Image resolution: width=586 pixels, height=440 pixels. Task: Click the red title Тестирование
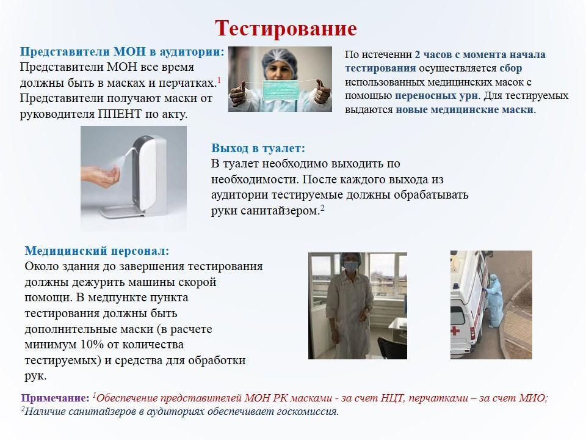pyautogui.click(x=286, y=29)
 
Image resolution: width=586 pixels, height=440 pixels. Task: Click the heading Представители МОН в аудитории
pyautogui.click(x=122, y=51)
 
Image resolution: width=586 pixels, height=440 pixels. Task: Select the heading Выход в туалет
pyautogui.click(x=258, y=148)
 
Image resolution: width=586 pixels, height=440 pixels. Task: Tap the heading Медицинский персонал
pyautogui.click(x=97, y=251)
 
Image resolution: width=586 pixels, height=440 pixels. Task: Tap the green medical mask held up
pyautogui.click(x=280, y=90)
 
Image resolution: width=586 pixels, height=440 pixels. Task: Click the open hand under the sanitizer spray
pyautogui.click(x=100, y=175)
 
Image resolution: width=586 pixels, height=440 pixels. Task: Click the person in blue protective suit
pyautogui.click(x=494, y=301)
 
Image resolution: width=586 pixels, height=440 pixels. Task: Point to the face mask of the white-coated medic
pyautogui.click(x=350, y=266)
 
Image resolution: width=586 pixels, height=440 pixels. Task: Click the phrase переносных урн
pyautogui.click(x=436, y=96)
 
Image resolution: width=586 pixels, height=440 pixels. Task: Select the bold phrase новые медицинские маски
pyautogui.click(x=465, y=109)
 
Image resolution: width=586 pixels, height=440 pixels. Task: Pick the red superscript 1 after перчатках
pyautogui.click(x=219, y=80)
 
